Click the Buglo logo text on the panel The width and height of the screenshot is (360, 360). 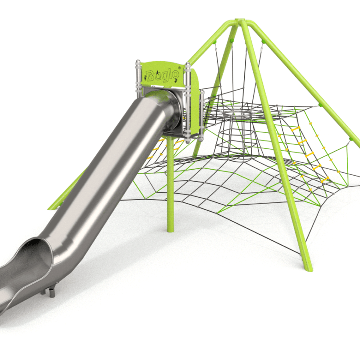click(162, 75)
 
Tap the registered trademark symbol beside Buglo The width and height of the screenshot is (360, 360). click(180, 68)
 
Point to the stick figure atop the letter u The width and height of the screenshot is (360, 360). click(158, 72)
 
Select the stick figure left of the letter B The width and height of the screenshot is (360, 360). click(145, 77)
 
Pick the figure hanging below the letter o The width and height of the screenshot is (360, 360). click(176, 81)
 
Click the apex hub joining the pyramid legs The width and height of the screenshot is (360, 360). click(240, 21)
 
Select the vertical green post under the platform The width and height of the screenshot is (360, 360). click(170, 184)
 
